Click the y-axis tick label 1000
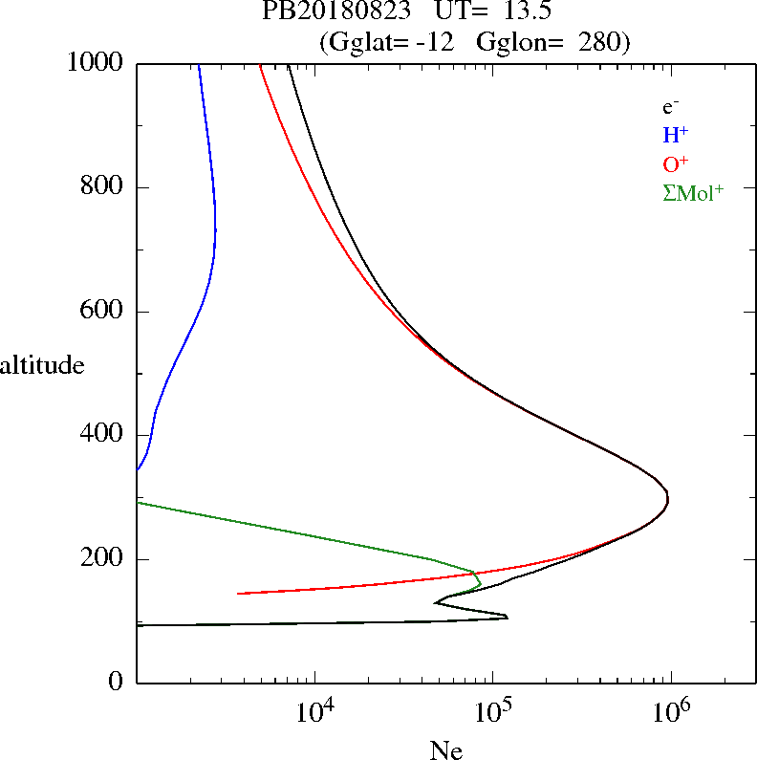(96, 63)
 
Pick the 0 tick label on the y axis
(117, 683)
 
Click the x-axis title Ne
(446, 750)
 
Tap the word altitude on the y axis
(42, 365)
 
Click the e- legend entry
(670, 107)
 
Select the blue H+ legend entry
(676, 135)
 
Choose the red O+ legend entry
(676, 163)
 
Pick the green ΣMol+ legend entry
(693, 192)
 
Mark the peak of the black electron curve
(667, 499)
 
